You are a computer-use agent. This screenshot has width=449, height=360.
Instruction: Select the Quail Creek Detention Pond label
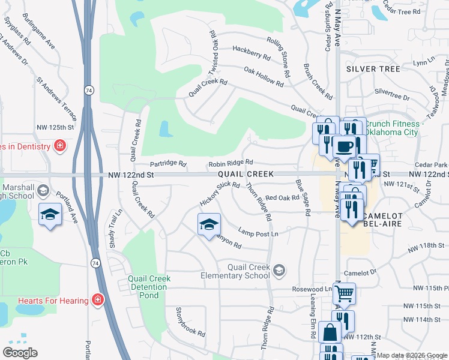pos(149,287)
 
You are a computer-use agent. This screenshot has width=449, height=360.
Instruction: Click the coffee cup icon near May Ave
pos(344,146)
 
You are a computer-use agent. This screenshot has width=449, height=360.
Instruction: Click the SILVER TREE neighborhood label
pos(373,69)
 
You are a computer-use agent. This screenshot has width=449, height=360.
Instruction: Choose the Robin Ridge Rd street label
pos(231,163)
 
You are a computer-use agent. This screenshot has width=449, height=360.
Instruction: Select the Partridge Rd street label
pos(168,164)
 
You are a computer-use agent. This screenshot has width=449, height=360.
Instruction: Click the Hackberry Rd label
pos(251,52)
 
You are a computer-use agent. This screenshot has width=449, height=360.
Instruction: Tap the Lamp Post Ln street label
pos(259,233)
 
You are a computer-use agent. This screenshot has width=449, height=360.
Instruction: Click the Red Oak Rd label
pos(282,197)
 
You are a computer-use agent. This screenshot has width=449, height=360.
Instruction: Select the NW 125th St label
pos(55,127)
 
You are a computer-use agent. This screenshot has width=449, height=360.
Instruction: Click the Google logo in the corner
pos(20,352)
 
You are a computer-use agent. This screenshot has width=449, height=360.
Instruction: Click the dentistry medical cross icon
pos(59,146)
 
